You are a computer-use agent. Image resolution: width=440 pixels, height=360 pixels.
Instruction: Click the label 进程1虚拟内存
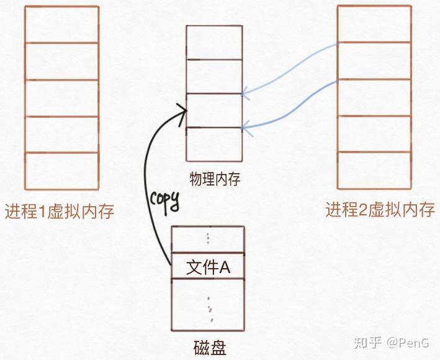[x=60, y=212]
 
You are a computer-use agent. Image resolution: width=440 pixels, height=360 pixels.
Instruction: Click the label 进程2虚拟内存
[x=380, y=210]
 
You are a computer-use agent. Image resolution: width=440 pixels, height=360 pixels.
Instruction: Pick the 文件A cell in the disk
[x=207, y=267]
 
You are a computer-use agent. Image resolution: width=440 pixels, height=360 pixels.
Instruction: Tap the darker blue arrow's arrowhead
[x=243, y=128]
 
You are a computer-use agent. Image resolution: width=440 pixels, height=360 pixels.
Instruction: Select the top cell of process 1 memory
[x=61, y=24]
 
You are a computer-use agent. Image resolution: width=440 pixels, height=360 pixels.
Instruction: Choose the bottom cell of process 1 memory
[x=61, y=171]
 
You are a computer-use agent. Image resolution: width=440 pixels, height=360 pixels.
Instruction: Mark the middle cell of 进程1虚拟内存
[x=61, y=98]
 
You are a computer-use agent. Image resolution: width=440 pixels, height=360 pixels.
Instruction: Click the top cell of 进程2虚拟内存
[x=374, y=24]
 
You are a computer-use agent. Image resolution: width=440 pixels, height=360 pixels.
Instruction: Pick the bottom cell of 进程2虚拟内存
[x=374, y=171]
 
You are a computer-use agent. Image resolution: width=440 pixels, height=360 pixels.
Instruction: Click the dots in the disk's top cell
[x=208, y=239]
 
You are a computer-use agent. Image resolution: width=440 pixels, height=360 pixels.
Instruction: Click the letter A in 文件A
[x=225, y=268]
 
